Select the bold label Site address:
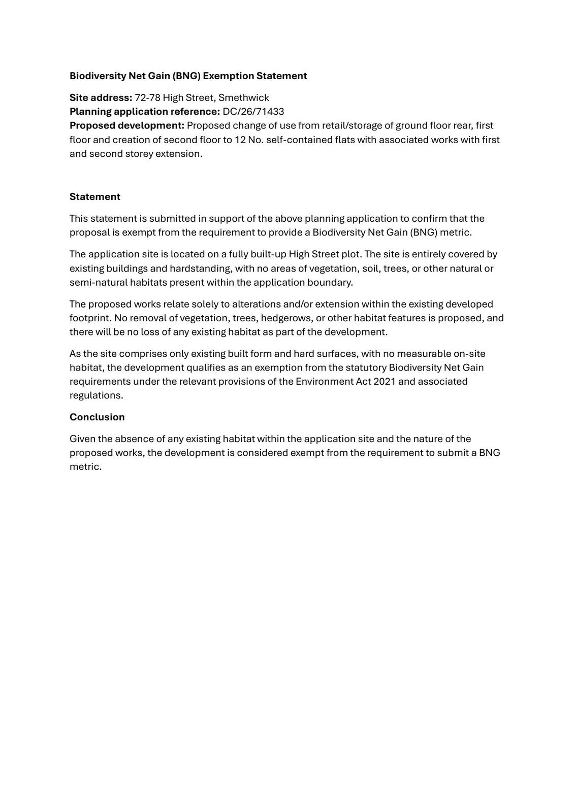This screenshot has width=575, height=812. click(101, 97)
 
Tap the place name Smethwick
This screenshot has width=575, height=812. click(244, 97)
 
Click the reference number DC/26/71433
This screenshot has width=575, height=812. click(253, 112)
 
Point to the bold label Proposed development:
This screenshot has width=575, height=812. click(127, 125)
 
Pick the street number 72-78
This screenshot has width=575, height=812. click(147, 97)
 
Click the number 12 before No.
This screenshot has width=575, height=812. click(240, 140)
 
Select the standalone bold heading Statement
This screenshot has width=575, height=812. click(95, 197)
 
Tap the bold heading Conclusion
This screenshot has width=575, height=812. click(97, 417)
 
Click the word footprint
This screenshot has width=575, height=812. click(89, 318)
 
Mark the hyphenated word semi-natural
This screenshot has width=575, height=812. click(99, 282)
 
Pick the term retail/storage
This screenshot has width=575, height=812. click(354, 125)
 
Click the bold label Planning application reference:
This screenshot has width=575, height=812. click(145, 112)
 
